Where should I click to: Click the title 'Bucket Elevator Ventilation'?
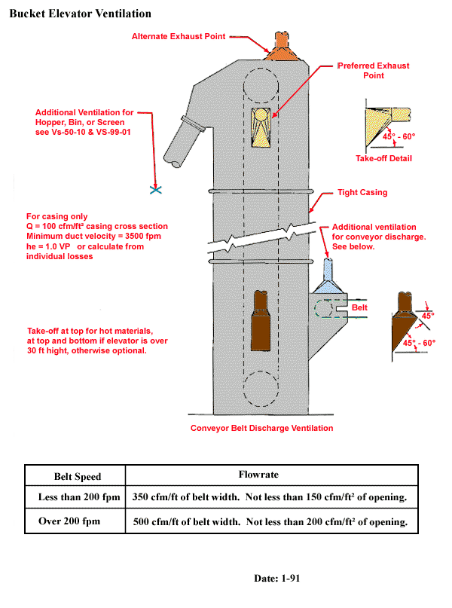[x=80, y=14]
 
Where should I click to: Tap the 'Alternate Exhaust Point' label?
[x=179, y=36]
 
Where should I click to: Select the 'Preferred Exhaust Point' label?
[x=374, y=70]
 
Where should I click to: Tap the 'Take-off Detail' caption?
[x=383, y=158]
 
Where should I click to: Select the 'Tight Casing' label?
[x=362, y=193]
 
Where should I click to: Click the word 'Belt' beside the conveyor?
[x=362, y=309]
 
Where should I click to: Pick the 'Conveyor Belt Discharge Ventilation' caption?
[x=261, y=428]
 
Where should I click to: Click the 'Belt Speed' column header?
[x=77, y=477]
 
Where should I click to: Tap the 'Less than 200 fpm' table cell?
[x=78, y=498]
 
